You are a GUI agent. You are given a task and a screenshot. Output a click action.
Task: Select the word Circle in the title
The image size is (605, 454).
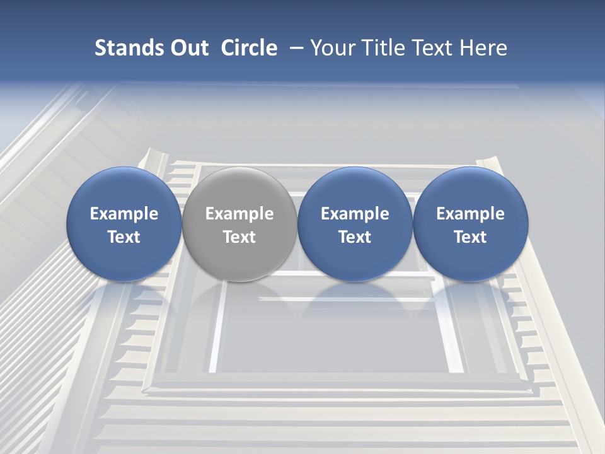(x=249, y=48)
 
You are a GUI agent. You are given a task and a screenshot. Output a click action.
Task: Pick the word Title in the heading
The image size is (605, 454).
(x=384, y=48)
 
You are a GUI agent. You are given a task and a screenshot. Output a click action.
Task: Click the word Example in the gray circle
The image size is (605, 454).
(x=239, y=214)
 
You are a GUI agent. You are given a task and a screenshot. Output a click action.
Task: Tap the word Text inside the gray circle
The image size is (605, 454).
(x=239, y=237)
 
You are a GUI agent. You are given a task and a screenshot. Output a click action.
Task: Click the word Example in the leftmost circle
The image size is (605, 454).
(x=124, y=214)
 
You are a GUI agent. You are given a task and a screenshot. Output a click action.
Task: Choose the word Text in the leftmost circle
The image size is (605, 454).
(x=124, y=237)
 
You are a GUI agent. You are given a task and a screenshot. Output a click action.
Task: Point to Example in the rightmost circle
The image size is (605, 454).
(x=471, y=214)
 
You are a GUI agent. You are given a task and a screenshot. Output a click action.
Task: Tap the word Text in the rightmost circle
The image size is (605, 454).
(x=471, y=237)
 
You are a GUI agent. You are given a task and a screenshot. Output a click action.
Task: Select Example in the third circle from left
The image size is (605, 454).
(x=355, y=214)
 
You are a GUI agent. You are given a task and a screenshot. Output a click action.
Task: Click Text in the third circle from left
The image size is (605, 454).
(x=355, y=237)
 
